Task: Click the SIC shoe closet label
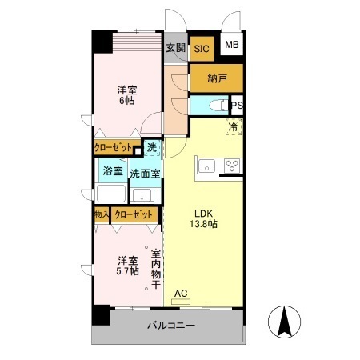pyautogui.click(x=202, y=49)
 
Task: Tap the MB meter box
pyautogui.click(x=231, y=46)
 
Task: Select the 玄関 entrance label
pyautogui.click(x=176, y=48)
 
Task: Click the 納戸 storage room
pyautogui.click(x=216, y=78)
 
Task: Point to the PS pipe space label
pyautogui.click(x=238, y=106)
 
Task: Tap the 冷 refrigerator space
pyautogui.click(x=233, y=127)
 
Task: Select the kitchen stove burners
pyautogui.click(x=232, y=166)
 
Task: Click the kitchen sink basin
pyautogui.click(x=207, y=166)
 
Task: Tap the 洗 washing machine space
pyautogui.click(x=151, y=147)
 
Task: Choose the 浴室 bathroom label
pyautogui.click(x=113, y=171)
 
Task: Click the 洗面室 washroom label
pyautogui.click(x=145, y=171)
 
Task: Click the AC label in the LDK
pyautogui.click(x=181, y=293)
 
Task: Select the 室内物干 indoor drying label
pyautogui.click(x=157, y=270)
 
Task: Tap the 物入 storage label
pyautogui.click(x=102, y=214)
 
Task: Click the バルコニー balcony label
pyautogui.click(x=170, y=326)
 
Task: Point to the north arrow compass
pyautogui.click(x=285, y=322)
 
